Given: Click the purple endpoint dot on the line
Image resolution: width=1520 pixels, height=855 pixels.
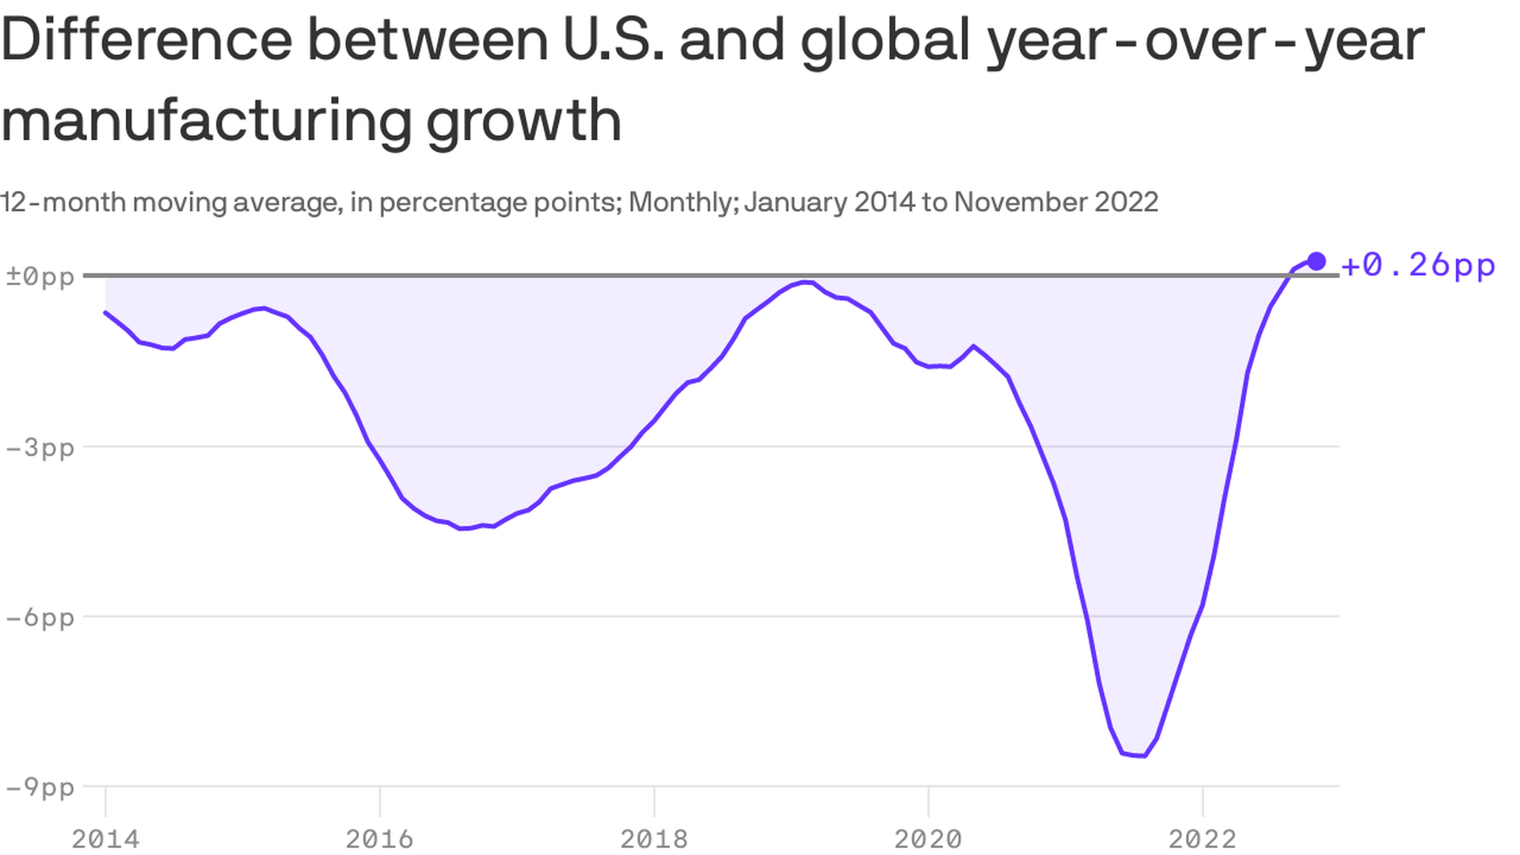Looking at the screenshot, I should click(x=1316, y=261).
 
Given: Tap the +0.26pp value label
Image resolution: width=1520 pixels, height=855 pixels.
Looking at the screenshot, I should click(x=1418, y=265).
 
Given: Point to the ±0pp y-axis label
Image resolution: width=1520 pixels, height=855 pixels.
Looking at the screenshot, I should click(x=40, y=276).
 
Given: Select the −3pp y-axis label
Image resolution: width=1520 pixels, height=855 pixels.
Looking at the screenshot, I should click(x=40, y=447).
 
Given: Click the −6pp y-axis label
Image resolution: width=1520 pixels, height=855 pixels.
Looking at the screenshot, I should click(x=40, y=617).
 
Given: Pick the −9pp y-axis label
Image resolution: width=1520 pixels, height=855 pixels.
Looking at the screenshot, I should click(x=40, y=787).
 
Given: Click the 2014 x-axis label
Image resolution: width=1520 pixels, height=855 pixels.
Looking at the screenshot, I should click(x=105, y=838).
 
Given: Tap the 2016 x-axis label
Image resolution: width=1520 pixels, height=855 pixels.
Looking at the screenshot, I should click(x=380, y=838).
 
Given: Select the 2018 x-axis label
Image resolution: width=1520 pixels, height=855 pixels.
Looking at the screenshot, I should click(x=654, y=838).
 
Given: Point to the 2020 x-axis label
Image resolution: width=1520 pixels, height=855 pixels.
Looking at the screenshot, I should click(x=928, y=838).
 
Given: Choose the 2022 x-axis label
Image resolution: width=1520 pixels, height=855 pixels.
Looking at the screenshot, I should click(x=1203, y=838).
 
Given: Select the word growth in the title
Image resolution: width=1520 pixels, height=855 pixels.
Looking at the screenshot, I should click(x=523, y=121).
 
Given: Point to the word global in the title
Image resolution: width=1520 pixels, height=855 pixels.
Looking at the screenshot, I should click(x=884, y=41).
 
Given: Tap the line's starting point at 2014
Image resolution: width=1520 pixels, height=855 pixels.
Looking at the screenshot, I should click(x=106, y=313).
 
